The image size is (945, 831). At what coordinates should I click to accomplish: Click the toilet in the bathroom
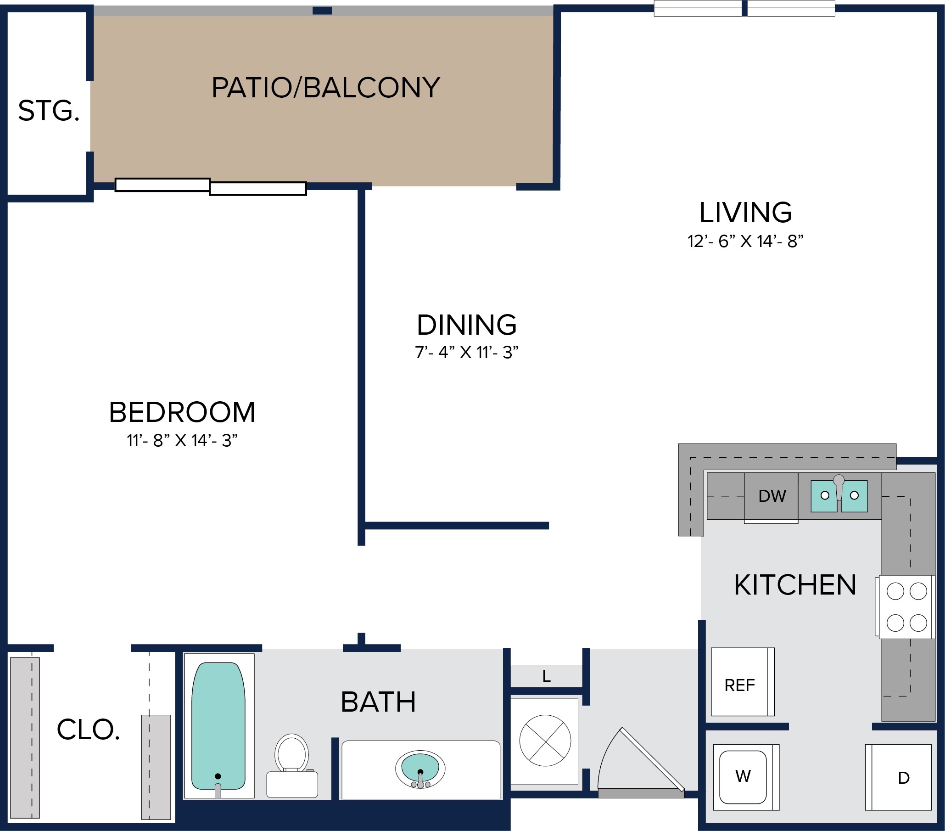(292, 765)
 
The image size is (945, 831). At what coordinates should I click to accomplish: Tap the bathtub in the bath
(218, 725)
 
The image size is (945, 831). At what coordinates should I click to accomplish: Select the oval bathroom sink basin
(420, 769)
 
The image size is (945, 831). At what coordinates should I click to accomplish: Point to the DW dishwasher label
(772, 496)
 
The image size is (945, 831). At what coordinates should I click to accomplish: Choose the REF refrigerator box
(743, 682)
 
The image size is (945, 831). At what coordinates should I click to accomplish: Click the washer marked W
(746, 777)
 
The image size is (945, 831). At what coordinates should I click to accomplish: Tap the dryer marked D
(898, 777)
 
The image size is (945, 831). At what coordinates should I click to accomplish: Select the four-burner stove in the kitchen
(905, 606)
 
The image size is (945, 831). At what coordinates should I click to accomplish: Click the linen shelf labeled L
(546, 676)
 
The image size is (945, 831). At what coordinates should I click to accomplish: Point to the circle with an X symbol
(545, 741)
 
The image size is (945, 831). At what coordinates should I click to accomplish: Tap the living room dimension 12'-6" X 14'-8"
(745, 241)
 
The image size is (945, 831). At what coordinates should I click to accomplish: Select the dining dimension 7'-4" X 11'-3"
(466, 353)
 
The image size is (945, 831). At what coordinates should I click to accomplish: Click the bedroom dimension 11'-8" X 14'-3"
(182, 440)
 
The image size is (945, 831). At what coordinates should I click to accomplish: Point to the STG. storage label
(49, 111)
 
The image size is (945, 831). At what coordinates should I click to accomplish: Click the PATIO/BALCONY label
(325, 87)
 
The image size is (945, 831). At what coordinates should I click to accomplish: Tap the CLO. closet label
(88, 730)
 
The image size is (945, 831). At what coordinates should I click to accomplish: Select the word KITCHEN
(795, 584)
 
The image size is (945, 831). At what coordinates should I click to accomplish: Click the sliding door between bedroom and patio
(211, 187)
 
